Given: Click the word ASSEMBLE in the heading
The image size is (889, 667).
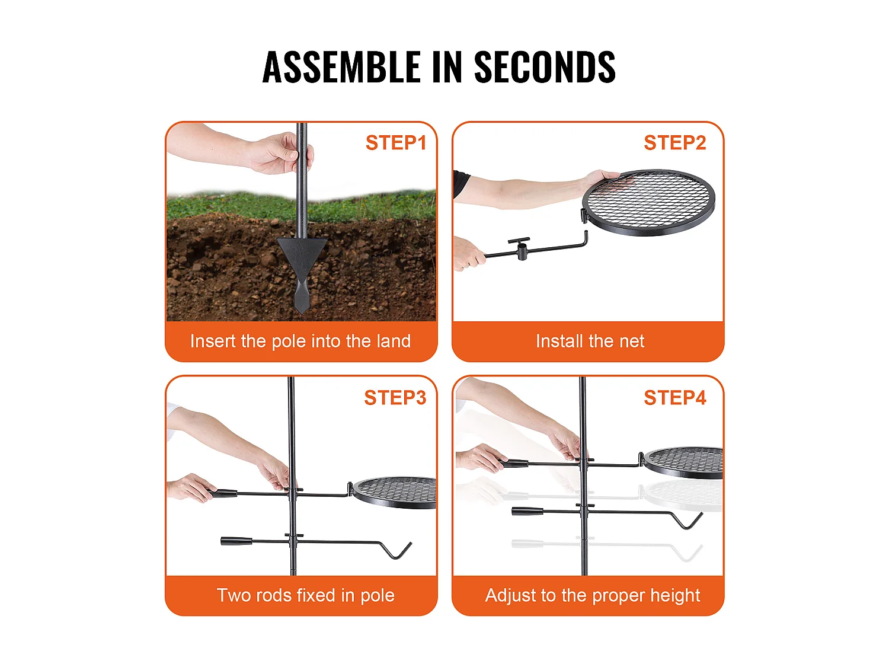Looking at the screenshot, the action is pyautogui.click(x=341, y=67).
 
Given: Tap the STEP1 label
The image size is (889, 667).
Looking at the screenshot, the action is pyautogui.click(x=396, y=142).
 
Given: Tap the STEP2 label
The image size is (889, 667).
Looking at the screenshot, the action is pyautogui.click(x=674, y=142).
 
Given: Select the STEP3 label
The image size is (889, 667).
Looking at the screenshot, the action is pyautogui.click(x=395, y=397).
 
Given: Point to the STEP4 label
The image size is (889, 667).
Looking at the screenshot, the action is pyautogui.click(x=674, y=397).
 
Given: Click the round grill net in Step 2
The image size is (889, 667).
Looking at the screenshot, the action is pyautogui.click(x=648, y=203).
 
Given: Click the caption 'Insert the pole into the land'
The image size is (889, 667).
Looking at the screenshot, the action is pyautogui.click(x=300, y=341).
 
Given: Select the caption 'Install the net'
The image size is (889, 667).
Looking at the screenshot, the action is pyautogui.click(x=590, y=341).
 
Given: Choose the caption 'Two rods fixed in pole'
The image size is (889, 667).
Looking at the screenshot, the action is pyautogui.click(x=305, y=595).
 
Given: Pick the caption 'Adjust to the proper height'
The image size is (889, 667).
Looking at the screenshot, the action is pyautogui.click(x=593, y=596).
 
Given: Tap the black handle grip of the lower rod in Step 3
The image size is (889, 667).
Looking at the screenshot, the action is pyautogui.click(x=236, y=541).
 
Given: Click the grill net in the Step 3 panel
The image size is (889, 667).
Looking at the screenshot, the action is pyautogui.click(x=394, y=493).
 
